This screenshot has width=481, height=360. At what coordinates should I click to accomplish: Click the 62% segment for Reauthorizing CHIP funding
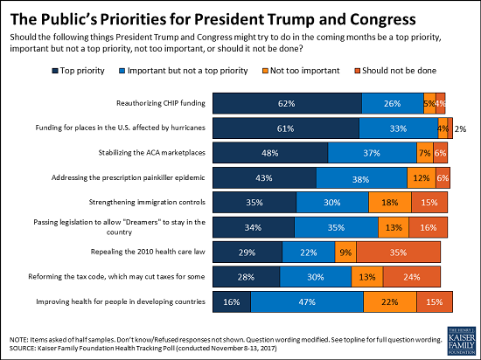pos(285,103)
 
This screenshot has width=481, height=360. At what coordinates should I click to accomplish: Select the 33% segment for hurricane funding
pos(398,128)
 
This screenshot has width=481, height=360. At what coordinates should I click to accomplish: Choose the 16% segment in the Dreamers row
pos(427,228)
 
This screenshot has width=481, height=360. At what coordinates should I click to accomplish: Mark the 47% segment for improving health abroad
pos(307,302)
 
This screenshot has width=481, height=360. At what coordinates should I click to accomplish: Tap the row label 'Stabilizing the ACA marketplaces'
pos(150,153)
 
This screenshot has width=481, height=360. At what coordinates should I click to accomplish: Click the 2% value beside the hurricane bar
pos(459,128)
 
